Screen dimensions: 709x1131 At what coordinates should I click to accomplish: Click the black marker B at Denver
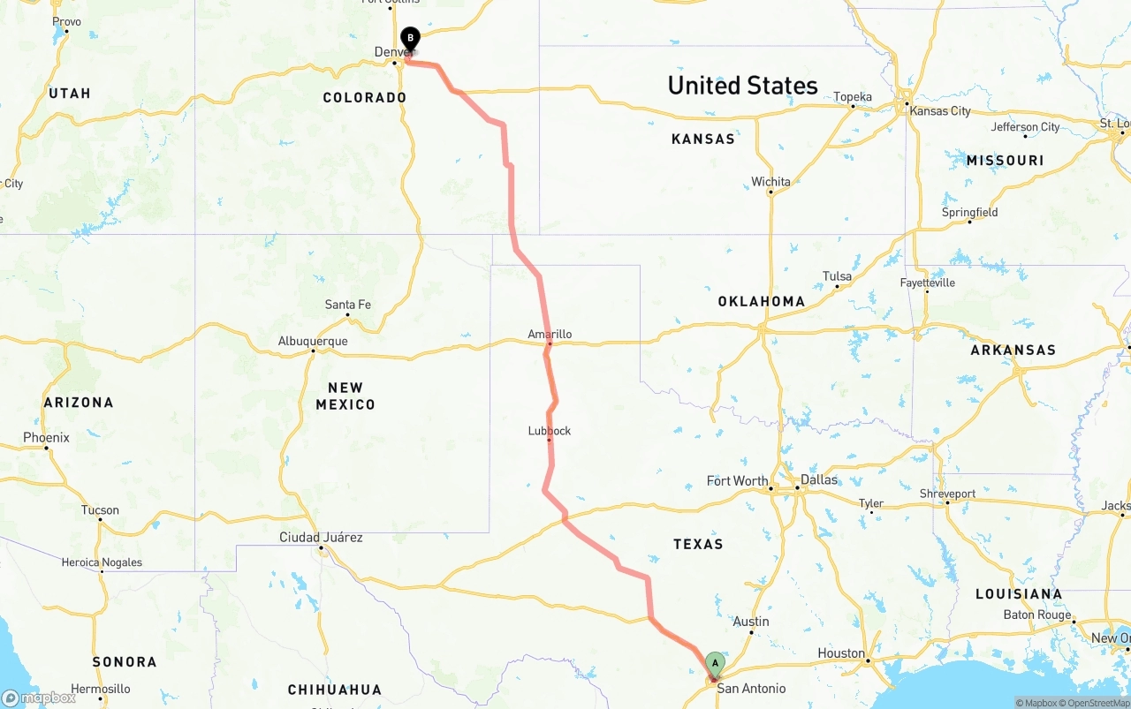[409, 38]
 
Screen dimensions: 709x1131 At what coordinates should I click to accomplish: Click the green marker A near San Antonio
[715, 663]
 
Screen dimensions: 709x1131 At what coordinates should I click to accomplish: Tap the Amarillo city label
[550, 335]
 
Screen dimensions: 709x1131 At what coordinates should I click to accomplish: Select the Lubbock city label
[550, 431]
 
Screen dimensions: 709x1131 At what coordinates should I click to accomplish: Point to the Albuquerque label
[313, 342]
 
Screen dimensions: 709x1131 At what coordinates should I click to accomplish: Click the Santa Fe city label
[348, 305]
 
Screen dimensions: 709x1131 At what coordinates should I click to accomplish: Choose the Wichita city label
[770, 182]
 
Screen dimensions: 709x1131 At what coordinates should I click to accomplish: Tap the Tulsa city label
[837, 276]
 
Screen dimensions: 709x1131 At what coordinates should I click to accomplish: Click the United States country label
[742, 86]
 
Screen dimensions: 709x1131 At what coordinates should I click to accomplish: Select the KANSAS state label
[702, 139]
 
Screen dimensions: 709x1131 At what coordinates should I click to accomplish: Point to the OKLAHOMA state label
[761, 301]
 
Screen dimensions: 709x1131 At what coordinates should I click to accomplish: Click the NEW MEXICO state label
[345, 396]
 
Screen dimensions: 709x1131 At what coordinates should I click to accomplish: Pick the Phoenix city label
[46, 437]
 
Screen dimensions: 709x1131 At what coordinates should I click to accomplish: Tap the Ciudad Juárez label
[321, 538]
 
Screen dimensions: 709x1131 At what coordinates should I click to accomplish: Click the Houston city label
[841, 653]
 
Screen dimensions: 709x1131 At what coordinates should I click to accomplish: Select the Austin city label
[751, 622]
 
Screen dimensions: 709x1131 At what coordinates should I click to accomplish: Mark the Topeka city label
[853, 97]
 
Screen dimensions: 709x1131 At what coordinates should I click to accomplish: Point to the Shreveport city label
[947, 494]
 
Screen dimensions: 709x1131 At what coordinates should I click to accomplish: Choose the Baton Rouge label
[1036, 615]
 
